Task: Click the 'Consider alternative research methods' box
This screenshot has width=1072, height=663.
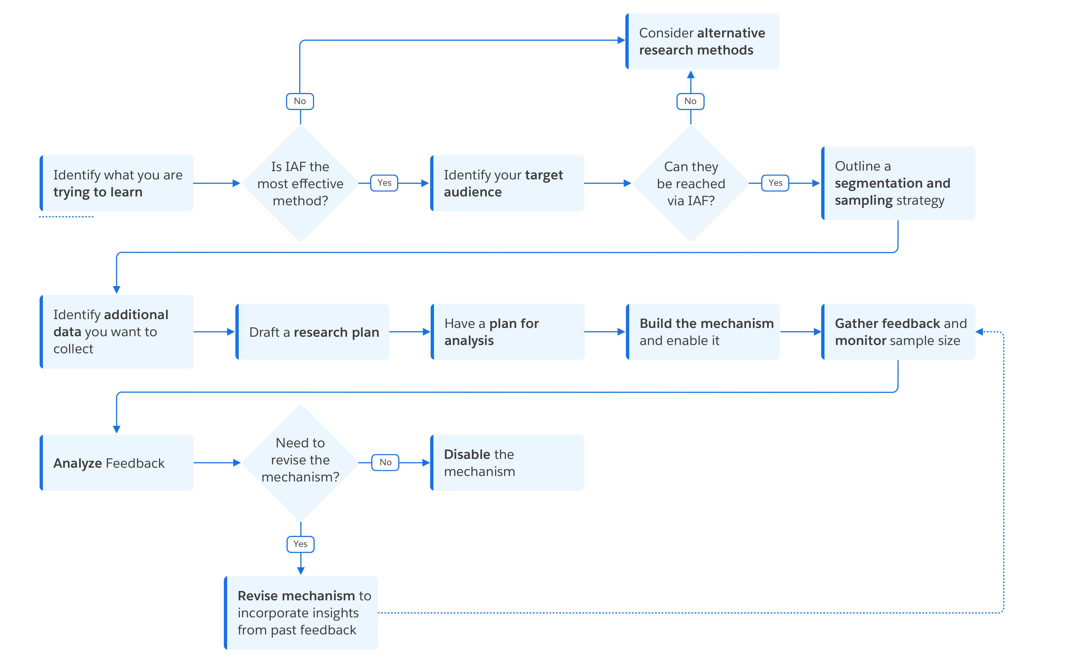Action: (702, 41)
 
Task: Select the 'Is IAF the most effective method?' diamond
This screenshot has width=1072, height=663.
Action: (300, 183)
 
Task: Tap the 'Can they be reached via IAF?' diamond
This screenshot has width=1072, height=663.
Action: (691, 183)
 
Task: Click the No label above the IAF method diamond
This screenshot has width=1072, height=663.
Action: (300, 101)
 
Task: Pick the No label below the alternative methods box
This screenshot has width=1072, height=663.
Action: (690, 101)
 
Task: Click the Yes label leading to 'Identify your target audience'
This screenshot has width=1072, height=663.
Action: (384, 183)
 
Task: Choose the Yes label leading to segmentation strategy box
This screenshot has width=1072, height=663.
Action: (775, 183)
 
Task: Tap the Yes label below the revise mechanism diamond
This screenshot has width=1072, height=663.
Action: (300, 544)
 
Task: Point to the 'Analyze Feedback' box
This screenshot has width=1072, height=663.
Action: (117, 463)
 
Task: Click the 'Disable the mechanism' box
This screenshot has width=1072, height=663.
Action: (507, 463)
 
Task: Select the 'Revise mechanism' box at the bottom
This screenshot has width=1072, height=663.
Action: (301, 613)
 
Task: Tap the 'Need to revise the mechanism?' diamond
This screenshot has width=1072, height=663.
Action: (300, 461)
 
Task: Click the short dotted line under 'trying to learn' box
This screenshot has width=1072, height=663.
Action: (66, 217)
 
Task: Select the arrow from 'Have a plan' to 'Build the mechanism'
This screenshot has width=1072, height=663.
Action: (605, 332)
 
